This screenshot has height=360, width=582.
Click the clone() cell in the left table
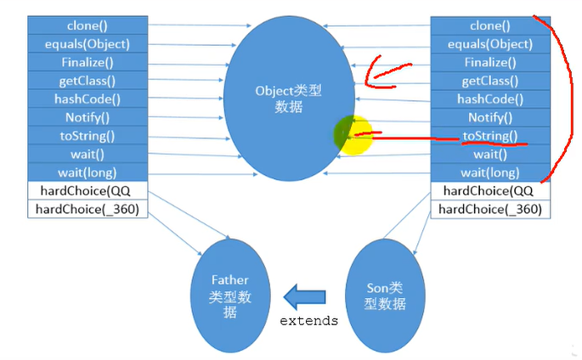(x=88, y=25)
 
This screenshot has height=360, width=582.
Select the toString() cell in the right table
(x=490, y=136)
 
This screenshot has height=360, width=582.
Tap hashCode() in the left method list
(x=88, y=99)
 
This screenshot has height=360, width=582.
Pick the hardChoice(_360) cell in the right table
(x=490, y=210)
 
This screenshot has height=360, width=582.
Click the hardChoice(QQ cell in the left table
(x=88, y=191)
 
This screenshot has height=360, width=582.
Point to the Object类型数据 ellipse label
(x=288, y=98)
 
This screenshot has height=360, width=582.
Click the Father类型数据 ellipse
(x=230, y=295)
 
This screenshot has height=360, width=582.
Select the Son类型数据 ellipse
(x=385, y=295)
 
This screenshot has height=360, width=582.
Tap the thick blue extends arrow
(x=304, y=296)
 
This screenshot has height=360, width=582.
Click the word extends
(x=308, y=321)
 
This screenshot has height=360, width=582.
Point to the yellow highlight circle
(x=353, y=135)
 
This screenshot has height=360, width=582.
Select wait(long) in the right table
(x=490, y=172)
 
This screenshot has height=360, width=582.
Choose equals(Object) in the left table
(x=88, y=44)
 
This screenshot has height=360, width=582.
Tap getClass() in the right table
(x=490, y=81)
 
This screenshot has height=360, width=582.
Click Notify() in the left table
(x=88, y=117)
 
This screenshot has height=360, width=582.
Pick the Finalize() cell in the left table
(x=88, y=62)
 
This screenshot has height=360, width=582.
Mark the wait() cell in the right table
(x=490, y=155)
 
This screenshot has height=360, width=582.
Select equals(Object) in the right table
(x=490, y=44)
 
